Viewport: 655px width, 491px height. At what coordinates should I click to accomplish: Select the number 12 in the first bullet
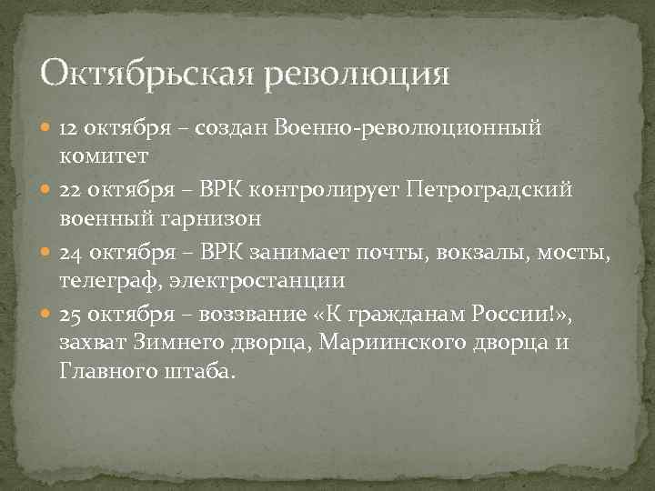click(x=70, y=129)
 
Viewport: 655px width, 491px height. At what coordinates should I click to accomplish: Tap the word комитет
click(x=104, y=156)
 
